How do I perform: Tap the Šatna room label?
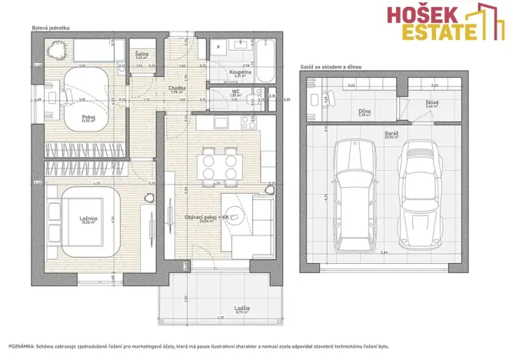point(142,54)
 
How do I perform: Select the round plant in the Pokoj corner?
point(55,52)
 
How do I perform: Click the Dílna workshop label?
point(364,111)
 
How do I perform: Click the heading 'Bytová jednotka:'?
point(52,27)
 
